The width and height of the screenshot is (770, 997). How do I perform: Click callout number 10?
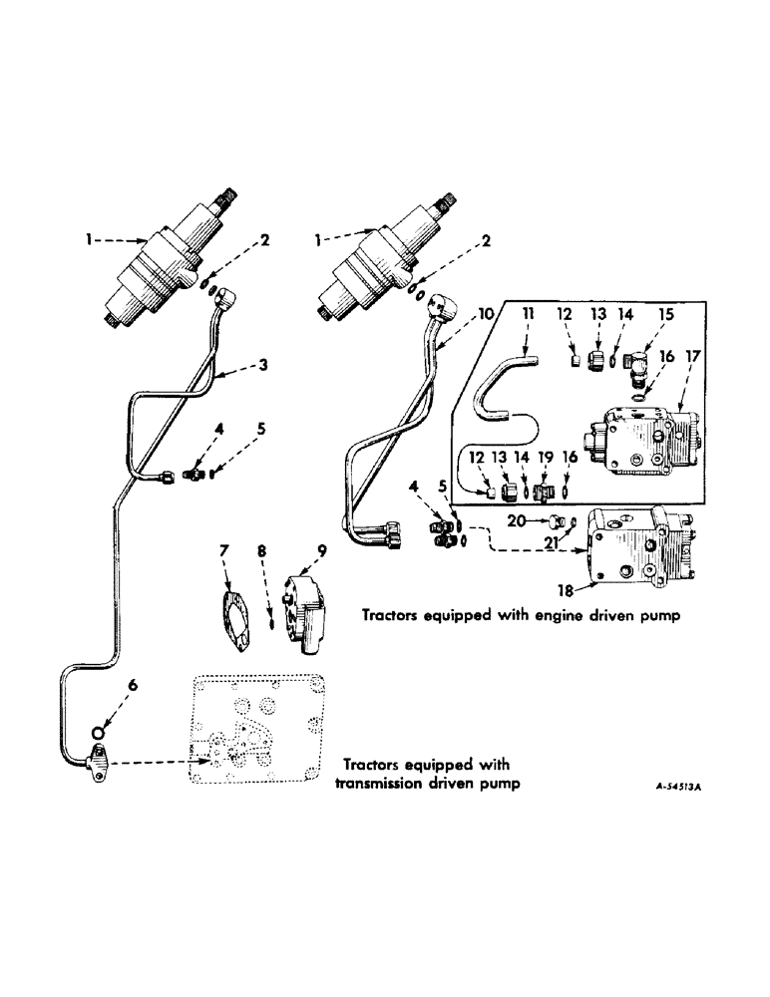point(484,313)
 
